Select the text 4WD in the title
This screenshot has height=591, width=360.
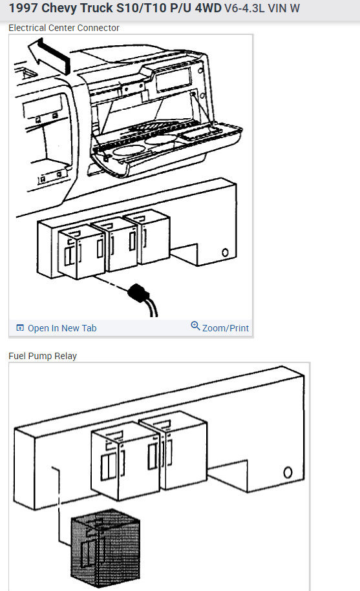pos(208,8)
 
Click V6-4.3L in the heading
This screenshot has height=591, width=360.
pos(244,8)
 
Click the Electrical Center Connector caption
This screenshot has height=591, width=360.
pos(64,28)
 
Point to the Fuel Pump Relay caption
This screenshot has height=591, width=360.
pos(43,356)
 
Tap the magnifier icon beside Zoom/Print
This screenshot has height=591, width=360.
pos(195,326)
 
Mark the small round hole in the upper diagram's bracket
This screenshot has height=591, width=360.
pos(225,252)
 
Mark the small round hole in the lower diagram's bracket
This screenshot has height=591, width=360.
pos(288,472)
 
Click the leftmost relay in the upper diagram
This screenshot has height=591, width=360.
pos(81,251)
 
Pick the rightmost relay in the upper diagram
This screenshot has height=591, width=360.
pos(147,236)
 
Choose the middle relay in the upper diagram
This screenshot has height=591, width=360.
pos(114,244)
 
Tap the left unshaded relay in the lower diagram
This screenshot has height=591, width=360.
pos(126,461)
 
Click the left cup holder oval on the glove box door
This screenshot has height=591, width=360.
pos(129,150)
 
